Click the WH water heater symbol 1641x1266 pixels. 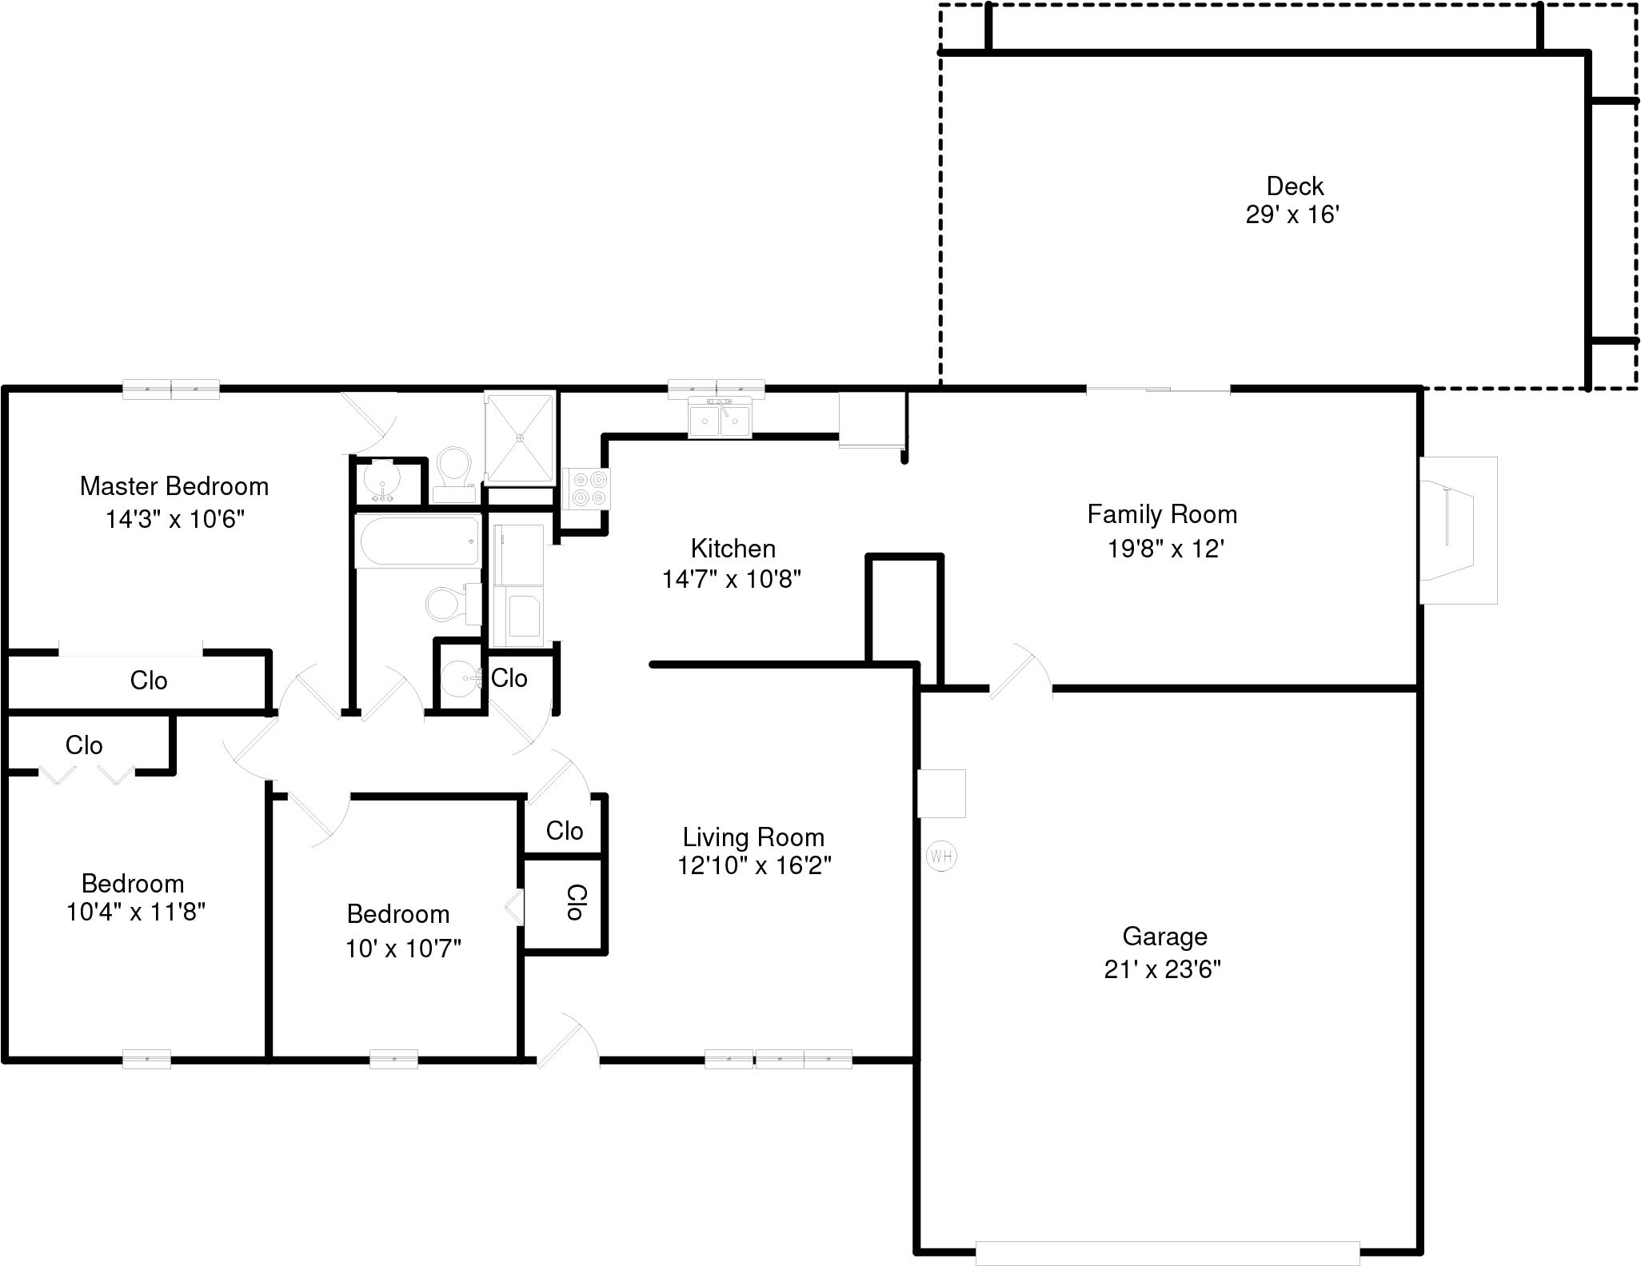[941, 857]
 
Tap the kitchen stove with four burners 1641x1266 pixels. [586, 489]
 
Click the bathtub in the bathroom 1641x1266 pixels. [417, 541]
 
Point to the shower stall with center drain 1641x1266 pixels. [520, 437]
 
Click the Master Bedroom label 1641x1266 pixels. [174, 486]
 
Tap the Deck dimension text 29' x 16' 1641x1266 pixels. [1292, 215]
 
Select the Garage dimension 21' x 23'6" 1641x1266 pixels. [1162, 969]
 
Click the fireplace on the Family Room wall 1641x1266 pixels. [1456, 529]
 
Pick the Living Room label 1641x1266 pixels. [753, 837]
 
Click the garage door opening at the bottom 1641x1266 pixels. [1167, 1252]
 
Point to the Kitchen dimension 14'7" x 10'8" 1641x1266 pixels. [731, 579]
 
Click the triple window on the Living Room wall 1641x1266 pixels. [778, 1059]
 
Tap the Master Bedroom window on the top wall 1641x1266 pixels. [171, 389]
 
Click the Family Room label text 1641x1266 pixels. [1161, 514]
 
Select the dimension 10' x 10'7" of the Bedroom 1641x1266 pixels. [403, 949]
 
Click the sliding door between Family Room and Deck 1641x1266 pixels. [1157, 389]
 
